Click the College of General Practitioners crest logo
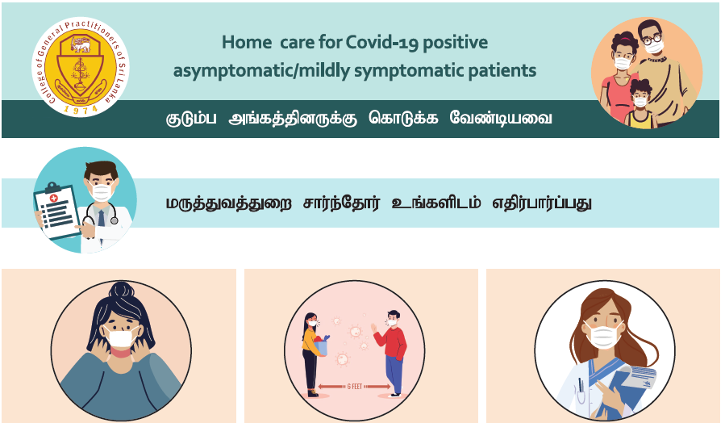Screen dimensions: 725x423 coord(81,67)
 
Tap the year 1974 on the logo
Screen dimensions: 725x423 coord(81,109)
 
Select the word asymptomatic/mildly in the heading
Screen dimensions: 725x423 coord(261,71)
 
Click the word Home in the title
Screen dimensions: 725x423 coord(247,42)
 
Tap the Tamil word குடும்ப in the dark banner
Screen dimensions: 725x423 coord(191,119)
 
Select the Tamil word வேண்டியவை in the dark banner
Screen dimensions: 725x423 coord(501,118)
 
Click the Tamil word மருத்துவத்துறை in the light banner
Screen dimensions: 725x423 coord(229,203)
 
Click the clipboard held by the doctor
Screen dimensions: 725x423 coord(57,211)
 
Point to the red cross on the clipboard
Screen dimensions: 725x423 coord(54,198)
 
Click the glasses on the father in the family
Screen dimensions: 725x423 coord(652,39)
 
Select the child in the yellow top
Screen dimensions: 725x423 coord(640,104)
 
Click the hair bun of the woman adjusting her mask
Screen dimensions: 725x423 coord(121,290)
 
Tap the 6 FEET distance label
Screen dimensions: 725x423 coord(355,387)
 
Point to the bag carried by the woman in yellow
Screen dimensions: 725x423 coord(321,346)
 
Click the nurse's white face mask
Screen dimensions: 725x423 coord(604,335)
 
